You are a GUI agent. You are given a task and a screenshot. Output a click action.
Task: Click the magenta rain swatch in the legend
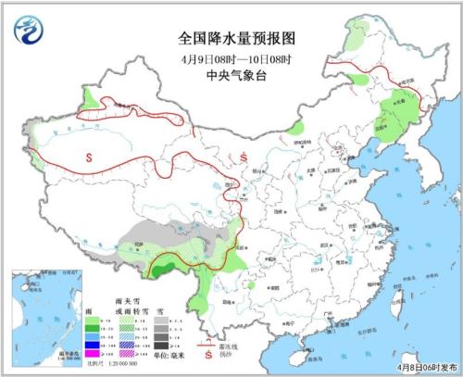tap(92, 353)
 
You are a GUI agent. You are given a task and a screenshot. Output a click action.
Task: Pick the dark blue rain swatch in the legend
tap(92, 343)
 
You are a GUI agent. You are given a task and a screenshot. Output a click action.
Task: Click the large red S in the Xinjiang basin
tap(90, 157)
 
